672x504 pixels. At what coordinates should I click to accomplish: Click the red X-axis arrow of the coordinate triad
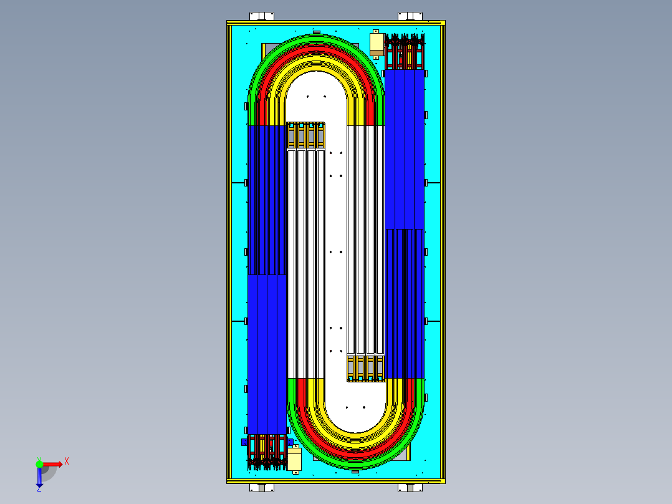point(52,463)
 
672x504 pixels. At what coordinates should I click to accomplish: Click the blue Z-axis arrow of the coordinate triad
point(39,477)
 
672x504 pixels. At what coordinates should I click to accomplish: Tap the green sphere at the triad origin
point(39,463)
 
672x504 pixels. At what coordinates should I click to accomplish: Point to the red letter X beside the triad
point(67,461)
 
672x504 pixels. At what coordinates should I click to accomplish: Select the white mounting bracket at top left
point(261,16)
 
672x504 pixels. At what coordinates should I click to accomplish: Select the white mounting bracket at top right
point(410,16)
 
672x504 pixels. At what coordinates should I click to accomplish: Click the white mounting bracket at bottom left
point(261,488)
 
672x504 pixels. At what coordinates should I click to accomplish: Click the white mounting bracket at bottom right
point(410,488)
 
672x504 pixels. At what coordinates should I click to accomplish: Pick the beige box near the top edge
point(377,42)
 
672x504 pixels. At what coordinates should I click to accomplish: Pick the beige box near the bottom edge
point(294,460)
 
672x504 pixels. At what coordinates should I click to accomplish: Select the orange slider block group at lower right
point(366,367)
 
